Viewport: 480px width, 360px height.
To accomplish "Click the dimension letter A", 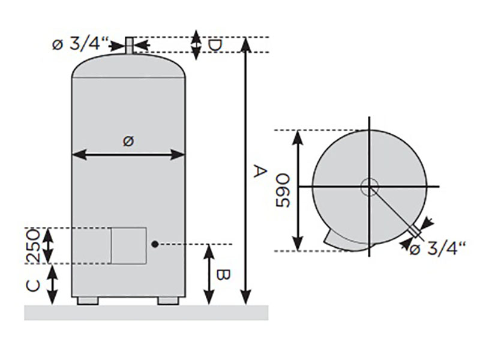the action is pos(260,171).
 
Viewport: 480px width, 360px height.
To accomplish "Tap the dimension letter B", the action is pos(223,275).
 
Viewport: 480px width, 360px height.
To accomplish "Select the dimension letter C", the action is pos(33,286).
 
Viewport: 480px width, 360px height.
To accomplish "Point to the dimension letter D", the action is pos(215,46).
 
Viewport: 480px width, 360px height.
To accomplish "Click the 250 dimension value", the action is pos(33,247).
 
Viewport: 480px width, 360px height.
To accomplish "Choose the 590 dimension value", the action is pos(283,190).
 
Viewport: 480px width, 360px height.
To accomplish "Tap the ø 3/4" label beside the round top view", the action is pos(437,248).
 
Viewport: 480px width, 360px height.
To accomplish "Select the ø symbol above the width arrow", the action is pos(128,141).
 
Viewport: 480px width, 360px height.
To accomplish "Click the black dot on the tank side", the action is pos(155,244).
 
